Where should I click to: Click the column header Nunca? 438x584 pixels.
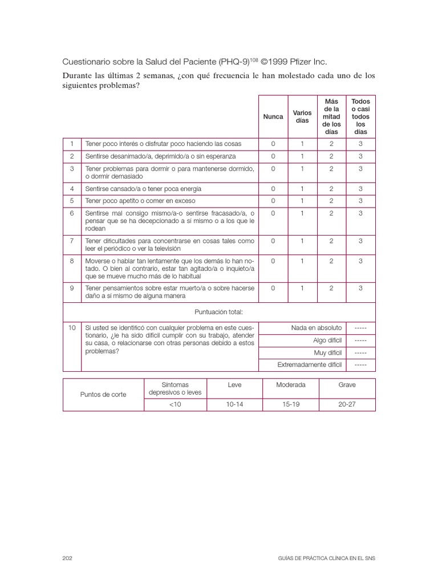coord(273,116)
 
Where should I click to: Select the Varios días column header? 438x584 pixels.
coord(302,116)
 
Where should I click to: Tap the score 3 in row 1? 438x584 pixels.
coord(360,143)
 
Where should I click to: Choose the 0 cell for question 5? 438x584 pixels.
coord(273,201)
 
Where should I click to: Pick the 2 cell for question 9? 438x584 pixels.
coord(331,289)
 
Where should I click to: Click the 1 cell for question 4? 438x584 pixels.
coord(302,189)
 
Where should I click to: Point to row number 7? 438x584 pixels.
coord(72,241)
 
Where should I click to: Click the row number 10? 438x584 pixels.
coord(72,328)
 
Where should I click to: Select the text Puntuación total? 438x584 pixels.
coord(219,312)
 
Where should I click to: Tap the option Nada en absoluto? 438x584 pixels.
coord(317,328)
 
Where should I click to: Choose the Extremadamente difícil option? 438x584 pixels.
coord(310,364)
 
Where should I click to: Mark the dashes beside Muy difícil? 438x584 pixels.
coord(360,352)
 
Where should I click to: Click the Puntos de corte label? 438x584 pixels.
coord(103,395)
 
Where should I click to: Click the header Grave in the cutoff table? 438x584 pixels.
coord(347,385)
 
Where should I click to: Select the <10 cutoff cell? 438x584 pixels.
coord(175,404)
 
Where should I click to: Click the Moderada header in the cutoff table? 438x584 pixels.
coord(290,385)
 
